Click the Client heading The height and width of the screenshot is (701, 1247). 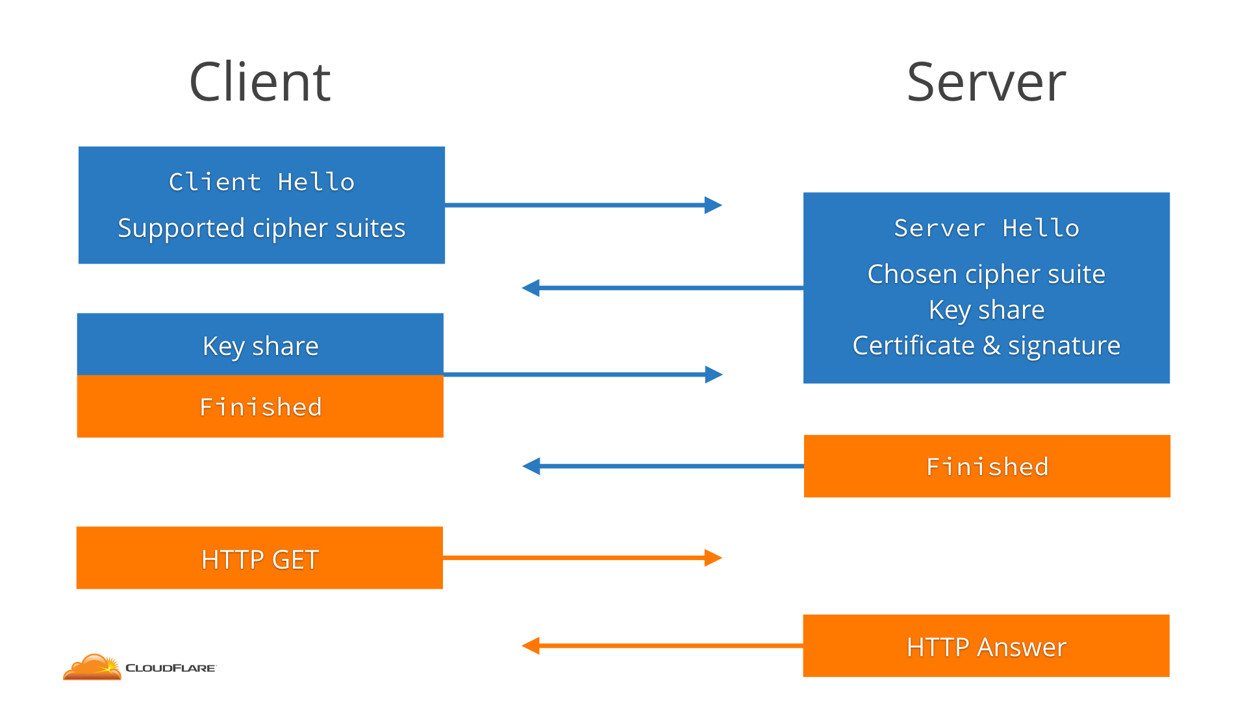pos(260,82)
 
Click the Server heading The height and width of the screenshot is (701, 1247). pos(986,82)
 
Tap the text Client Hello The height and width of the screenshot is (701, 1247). pos(262,182)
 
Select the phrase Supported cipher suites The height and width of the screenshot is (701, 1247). pos(262,228)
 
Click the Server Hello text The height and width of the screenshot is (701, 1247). pos(986,228)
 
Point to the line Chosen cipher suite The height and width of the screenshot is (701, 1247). pos(986,274)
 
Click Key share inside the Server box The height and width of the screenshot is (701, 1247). pos(986,310)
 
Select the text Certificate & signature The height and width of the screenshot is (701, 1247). pos(986,345)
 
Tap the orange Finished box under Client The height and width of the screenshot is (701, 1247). pos(260,407)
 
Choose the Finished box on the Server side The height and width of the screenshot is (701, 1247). pos(987,467)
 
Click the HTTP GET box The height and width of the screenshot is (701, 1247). pos(260,558)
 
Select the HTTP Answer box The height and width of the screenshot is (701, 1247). pos(986,646)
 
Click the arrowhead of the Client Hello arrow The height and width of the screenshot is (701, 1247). pos(714,205)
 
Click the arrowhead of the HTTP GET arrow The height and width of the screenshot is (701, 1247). pos(714,558)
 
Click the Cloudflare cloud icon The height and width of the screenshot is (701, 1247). pos(92,667)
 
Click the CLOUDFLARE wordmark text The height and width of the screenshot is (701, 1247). pos(170,668)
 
